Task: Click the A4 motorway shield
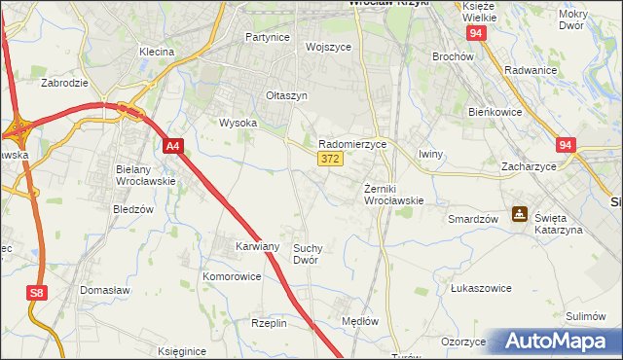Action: (x=173, y=146)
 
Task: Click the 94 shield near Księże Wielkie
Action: (x=475, y=33)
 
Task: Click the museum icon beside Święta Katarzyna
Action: (x=521, y=214)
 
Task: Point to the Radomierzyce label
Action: (x=353, y=143)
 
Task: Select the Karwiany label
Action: (x=258, y=247)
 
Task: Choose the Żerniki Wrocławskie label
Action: (x=394, y=195)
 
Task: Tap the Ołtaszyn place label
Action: (x=287, y=96)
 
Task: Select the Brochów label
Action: (x=452, y=56)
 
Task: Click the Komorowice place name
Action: (x=232, y=276)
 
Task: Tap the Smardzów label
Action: (x=473, y=219)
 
